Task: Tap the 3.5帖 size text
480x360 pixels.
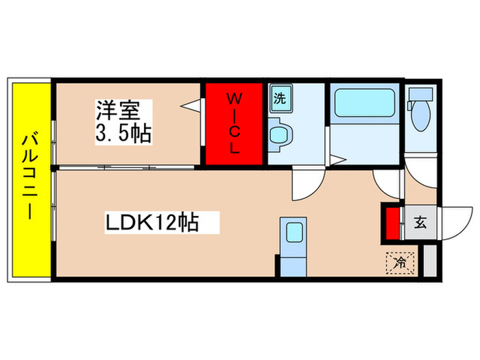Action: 124,132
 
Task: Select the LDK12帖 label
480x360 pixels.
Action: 152,222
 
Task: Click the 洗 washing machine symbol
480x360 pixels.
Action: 279,97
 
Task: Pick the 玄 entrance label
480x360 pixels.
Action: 420,222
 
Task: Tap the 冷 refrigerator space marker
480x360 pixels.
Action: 402,261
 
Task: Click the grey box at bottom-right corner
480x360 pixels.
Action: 429,261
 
